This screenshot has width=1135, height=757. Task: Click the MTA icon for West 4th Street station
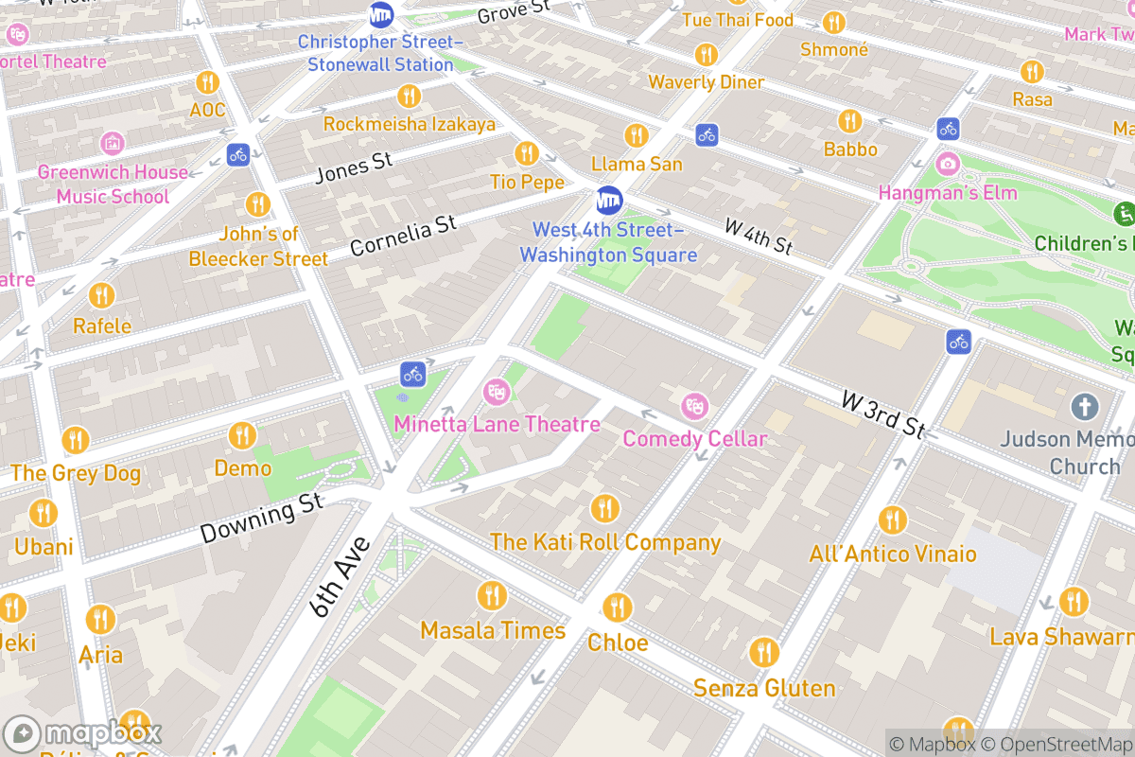pyautogui.click(x=609, y=201)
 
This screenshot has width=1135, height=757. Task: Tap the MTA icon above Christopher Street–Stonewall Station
pyautogui.click(x=381, y=15)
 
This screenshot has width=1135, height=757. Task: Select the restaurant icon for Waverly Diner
pyautogui.click(x=706, y=54)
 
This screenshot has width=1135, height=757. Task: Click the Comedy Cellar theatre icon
pyautogui.click(x=695, y=407)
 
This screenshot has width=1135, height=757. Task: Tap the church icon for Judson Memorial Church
pyautogui.click(x=1084, y=408)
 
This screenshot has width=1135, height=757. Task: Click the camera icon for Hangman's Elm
pyautogui.click(x=947, y=164)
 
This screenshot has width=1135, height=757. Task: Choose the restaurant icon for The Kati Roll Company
pyautogui.click(x=604, y=509)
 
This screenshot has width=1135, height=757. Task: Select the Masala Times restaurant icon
pyautogui.click(x=491, y=596)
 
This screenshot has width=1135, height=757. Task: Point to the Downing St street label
pyautogui.click(x=262, y=519)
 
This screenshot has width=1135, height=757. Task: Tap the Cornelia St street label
pyautogui.click(x=403, y=236)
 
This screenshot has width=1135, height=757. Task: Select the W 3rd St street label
pyautogui.click(x=883, y=414)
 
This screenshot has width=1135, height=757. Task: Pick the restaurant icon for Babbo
pyautogui.click(x=849, y=120)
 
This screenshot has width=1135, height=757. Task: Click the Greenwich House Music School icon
pyautogui.click(x=112, y=144)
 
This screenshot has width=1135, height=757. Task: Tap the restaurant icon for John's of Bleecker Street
pyautogui.click(x=257, y=204)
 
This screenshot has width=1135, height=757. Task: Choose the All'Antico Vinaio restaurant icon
pyautogui.click(x=892, y=520)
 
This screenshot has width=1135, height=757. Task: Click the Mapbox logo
pyautogui.click(x=85, y=734)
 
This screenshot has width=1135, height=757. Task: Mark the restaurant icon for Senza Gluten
pyautogui.click(x=763, y=653)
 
